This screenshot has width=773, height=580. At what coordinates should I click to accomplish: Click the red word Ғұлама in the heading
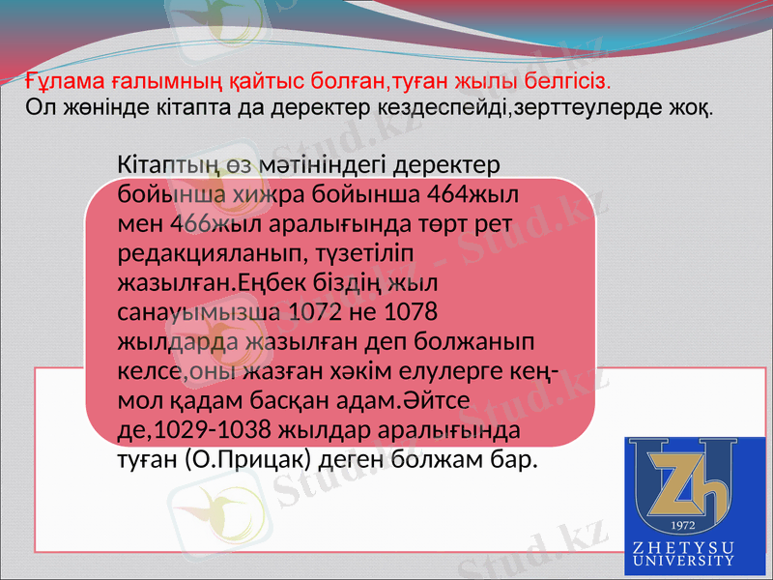click(x=57, y=77)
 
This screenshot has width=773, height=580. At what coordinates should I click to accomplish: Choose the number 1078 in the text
click(x=413, y=313)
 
